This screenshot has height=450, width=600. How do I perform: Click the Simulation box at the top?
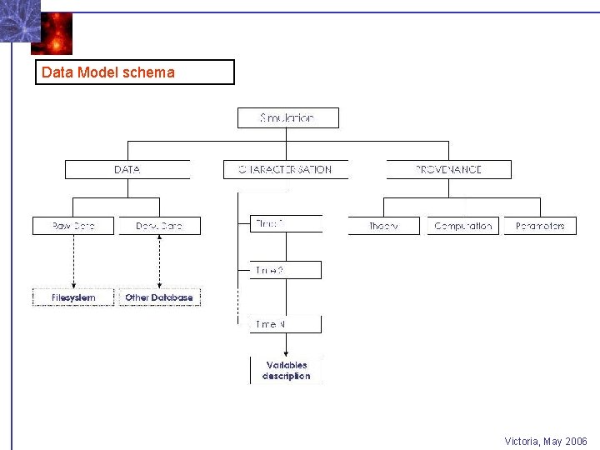coord(287,118)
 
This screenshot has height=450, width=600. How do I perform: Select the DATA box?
coord(127,169)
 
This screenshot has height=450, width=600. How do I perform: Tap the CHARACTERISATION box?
coord(285,169)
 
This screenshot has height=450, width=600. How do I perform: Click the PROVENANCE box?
coord(448,169)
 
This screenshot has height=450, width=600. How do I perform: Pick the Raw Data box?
coord(73,226)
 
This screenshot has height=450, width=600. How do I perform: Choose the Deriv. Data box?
coord(159,226)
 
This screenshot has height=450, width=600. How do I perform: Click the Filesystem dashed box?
coord(73,297)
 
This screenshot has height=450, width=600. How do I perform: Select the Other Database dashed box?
coord(159,297)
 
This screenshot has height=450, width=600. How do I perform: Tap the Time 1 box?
coord(286,223)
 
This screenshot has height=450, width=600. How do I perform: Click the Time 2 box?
coord(286,270)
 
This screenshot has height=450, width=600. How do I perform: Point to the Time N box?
coord(286,324)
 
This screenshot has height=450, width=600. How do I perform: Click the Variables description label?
coord(287,371)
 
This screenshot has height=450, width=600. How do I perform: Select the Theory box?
coord(383,226)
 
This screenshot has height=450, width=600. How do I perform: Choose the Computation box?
coord(463,226)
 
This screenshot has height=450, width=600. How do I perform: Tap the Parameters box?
coord(540,226)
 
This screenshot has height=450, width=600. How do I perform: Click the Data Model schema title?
coord(108,72)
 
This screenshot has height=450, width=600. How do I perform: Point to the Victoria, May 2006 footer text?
coord(546,441)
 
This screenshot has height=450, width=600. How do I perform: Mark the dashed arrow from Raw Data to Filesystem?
coord(73,261)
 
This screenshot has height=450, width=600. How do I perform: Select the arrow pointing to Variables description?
coord(287,344)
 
